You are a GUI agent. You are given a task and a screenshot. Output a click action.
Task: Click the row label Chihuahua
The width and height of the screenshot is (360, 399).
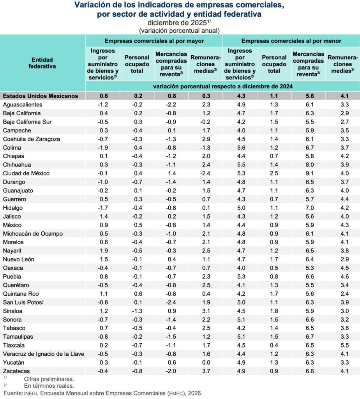[17, 164]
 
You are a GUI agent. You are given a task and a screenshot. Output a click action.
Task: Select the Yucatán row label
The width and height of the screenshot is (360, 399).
[14, 362]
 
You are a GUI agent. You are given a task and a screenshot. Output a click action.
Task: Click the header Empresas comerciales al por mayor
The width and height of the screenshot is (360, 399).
[154, 41]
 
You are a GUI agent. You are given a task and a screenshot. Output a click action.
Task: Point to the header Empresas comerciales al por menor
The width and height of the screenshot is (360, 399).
[291, 41]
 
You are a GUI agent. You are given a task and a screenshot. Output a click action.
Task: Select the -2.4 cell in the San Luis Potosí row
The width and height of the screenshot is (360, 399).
[171, 302]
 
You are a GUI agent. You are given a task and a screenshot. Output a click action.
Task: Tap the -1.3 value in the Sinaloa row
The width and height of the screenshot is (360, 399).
[137, 311]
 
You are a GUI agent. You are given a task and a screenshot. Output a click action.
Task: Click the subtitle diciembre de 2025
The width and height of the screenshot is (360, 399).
[178, 23]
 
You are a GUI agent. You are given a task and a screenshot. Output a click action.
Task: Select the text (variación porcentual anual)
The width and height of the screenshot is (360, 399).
[180, 30]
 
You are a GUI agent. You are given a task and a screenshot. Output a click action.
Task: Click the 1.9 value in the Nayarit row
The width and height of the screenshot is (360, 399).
[103, 251]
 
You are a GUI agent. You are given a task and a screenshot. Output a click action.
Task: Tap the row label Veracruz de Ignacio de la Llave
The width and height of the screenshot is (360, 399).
[43, 354]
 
